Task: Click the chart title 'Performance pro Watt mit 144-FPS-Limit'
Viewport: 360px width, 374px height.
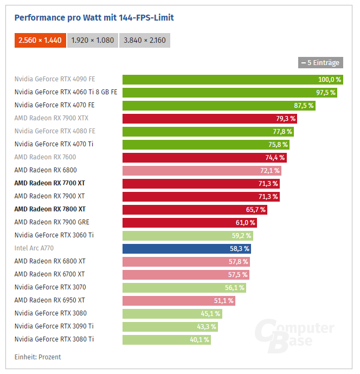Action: [x=94, y=18]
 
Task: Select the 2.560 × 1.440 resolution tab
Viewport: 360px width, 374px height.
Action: [x=40, y=40]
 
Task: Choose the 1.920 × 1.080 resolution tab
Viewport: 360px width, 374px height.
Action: [x=93, y=40]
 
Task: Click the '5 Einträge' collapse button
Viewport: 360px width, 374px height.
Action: [x=320, y=62]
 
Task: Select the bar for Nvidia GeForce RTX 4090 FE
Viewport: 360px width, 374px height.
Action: [x=233, y=80]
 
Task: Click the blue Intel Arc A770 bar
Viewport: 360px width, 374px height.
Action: [x=187, y=249]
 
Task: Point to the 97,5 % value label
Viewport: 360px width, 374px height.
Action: [x=325, y=93]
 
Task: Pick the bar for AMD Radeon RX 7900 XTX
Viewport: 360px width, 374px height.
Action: [x=210, y=119]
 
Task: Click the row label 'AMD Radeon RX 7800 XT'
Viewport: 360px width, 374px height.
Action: [x=50, y=209]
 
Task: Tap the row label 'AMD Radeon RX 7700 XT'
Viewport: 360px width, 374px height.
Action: [x=50, y=183]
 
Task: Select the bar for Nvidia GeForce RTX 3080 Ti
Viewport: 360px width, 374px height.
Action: [x=166, y=340]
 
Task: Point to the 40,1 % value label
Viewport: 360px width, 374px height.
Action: [x=199, y=340]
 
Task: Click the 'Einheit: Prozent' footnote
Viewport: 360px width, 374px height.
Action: [x=37, y=357]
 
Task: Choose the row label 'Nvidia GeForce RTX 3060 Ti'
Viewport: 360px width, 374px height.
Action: [x=54, y=235]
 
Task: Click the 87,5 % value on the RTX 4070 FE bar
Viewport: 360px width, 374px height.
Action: [x=303, y=106]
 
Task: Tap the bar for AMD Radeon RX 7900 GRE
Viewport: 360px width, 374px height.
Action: [x=190, y=223]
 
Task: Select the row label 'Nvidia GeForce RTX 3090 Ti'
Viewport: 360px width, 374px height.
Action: [x=54, y=326]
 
